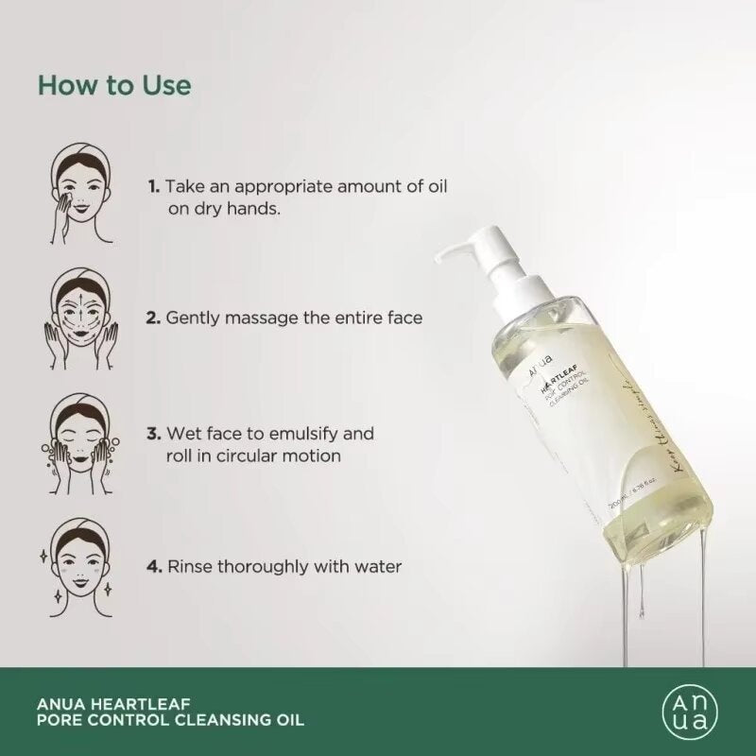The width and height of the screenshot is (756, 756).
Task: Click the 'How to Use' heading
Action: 114,85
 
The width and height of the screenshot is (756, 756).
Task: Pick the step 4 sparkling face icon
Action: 76,565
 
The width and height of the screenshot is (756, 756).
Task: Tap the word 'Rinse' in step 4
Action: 187,568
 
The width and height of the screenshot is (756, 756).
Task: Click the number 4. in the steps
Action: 154,568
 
